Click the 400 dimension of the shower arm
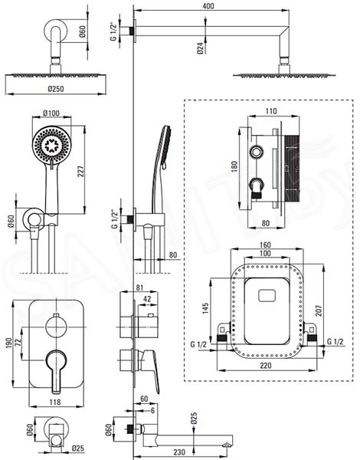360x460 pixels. pyautogui.click(x=208, y=5)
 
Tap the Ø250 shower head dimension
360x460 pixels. pyautogui.click(x=56, y=89)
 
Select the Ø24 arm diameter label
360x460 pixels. pyautogui.click(x=200, y=48)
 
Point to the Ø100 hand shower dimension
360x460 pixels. pyautogui.click(x=51, y=113)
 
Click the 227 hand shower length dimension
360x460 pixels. pyautogui.click(x=80, y=171)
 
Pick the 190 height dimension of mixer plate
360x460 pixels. pyautogui.click(x=8, y=343)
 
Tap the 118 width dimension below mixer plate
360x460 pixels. pyautogui.click(x=55, y=402)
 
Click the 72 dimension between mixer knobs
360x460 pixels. pyautogui.click(x=18, y=343)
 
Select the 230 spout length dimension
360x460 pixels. pyautogui.click(x=179, y=452)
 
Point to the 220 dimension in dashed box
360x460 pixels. pyautogui.click(x=266, y=365)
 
